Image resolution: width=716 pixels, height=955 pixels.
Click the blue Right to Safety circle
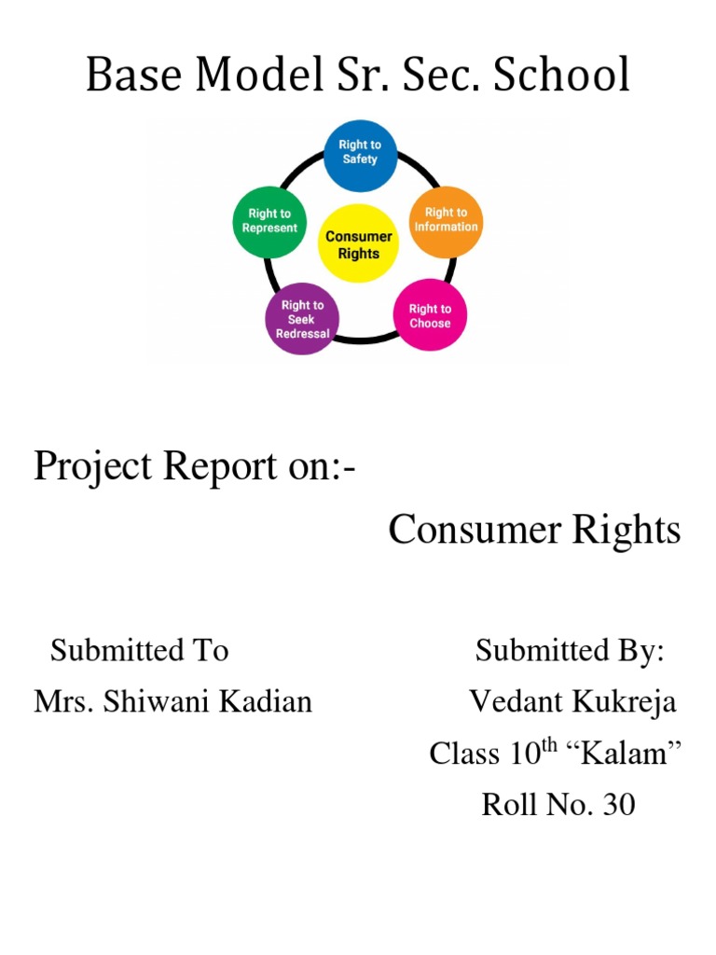pyautogui.click(x=359, y=152)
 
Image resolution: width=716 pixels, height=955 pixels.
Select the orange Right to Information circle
pyautogui.click(x=446, y=220)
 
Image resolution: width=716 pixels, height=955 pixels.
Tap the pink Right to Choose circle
pyautogui.click(x=430, y=316)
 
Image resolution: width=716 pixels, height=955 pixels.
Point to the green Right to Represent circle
pyautogui.click(x=269, y=221)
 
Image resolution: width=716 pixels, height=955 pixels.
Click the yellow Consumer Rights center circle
pyautogui.click(x=358, y=244)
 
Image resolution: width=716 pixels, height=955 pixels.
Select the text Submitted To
pyautogui.click(x=139, y=650)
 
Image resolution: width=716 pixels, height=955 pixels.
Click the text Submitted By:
pyautogui.click(x=570, y=650)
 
